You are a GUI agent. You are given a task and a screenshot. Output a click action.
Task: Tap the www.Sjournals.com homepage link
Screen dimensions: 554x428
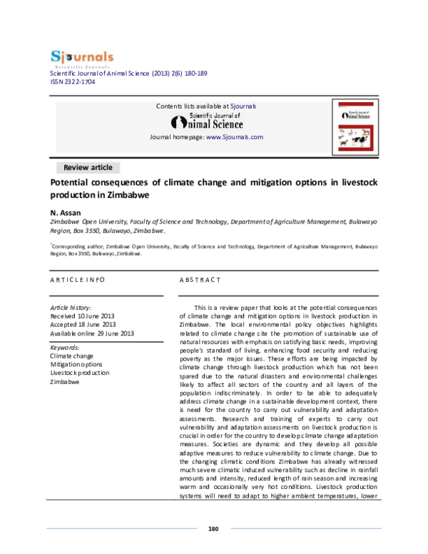click(x=235, y=136)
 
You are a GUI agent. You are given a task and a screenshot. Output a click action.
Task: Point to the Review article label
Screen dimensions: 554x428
click(x=88, y=168)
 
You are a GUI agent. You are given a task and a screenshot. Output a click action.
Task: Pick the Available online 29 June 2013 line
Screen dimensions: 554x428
click(x=92, y=333)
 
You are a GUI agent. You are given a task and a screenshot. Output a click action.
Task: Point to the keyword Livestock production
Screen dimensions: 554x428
click(x=80, y=373)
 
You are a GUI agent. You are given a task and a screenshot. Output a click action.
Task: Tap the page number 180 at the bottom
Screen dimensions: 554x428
click(x=213, y=529)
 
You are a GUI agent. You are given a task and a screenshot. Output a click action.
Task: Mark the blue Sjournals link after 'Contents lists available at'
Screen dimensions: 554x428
click(x=243, y=106)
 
